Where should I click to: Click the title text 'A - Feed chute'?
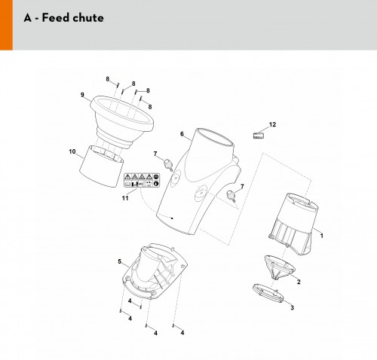tap(64, 18)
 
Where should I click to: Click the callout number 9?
tap(82, 95)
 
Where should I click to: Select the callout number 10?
tap(72, 151)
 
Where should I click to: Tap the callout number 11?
tap(125, 198)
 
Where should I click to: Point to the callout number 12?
tap(272, 124)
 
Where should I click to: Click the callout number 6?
tap(182, 134)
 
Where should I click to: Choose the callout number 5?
tap(120, 261)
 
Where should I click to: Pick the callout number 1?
tap(321, 236)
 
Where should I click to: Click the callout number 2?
tap(299, 282)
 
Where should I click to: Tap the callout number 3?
tap(292, 307)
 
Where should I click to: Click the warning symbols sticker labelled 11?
tap(142, 180)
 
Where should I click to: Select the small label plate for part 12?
tap(259, 136)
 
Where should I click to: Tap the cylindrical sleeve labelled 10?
tap(101, 166)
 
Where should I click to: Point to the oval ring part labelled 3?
tap(268, 293)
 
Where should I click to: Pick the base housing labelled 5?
tap(154, 271)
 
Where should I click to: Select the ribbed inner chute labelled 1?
tap(293, 224)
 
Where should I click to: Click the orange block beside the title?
tap(6, 25)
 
